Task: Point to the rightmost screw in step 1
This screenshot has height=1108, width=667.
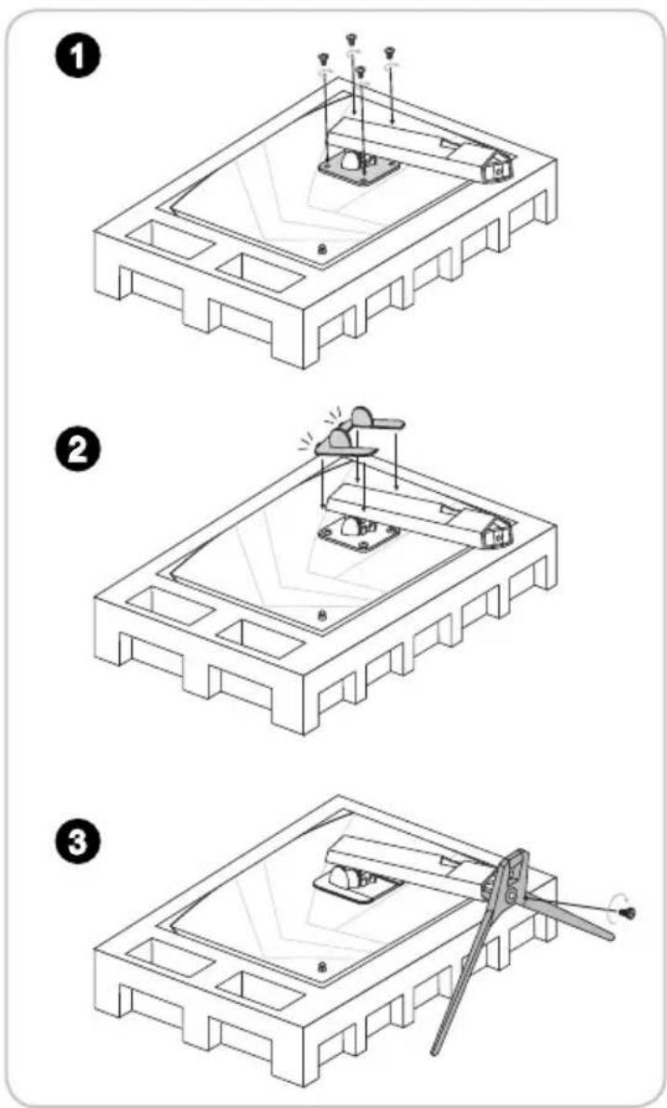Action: tap(389, 52)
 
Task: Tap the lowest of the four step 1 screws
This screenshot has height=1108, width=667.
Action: tap(361, 71)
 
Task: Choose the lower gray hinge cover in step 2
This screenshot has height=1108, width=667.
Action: tap(342, 444)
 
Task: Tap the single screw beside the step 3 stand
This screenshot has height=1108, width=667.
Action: tap(627, 913)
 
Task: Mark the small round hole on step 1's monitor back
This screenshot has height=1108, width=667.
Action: tap(322, 248)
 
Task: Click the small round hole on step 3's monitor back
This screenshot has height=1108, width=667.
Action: tap(322, 967)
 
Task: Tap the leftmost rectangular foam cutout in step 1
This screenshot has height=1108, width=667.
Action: tap(171, 241)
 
